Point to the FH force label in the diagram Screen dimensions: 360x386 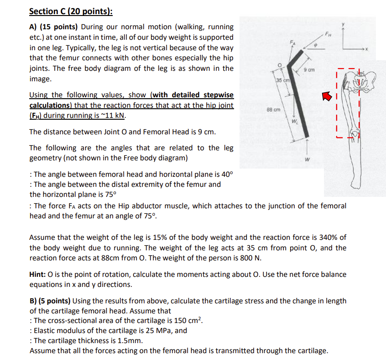(x=329, y=32)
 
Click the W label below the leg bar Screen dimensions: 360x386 (x=307, y=159)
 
